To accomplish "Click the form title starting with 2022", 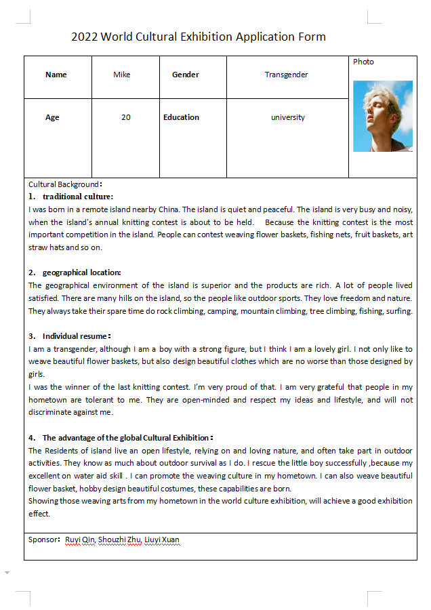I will click(198, 37).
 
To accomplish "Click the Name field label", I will click(56, 75).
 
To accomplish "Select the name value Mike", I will click(122, 75).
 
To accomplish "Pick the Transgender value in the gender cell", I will click(287, 75).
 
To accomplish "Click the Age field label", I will click(52, 117).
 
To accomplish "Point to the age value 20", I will click(126, 117).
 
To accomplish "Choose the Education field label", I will click(181, 117).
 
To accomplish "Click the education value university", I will click(288, 117).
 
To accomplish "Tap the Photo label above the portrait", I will click(363, 62).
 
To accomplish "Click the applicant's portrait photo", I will click(383, 116).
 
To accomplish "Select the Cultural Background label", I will click(64, 184).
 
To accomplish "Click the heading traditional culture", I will click(78, 197).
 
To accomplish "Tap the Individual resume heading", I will click(76, 335).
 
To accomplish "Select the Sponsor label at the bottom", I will click(44, 540).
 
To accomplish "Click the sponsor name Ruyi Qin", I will click(80, 540).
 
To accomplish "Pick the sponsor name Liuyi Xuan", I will click(163, 540).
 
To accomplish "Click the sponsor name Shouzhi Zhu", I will click(120, 540).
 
